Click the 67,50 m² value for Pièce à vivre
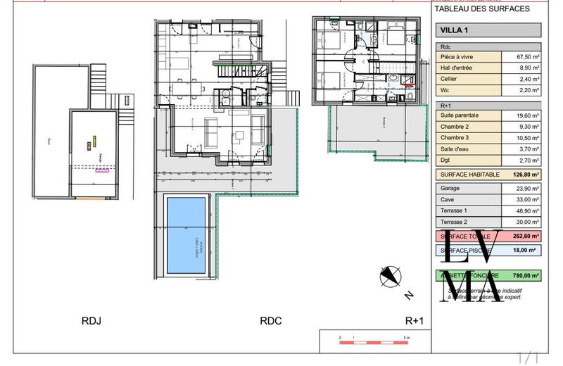(x=521, y=57)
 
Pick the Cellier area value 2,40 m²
(x=521, y=80)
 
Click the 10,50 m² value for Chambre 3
(x=521, y=138)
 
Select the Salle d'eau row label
(x=455, y=149)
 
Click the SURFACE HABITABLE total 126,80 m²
(x=521, y=175)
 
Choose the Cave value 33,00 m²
(x=521, y=199)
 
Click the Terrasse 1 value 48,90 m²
(x=521, y=210)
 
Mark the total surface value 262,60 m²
(x=521, y=236)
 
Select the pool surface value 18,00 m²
(x=521, y=251)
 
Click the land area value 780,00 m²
(x=521, y=276)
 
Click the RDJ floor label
(x=91, y=321)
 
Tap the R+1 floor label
(x=415, y=321)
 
